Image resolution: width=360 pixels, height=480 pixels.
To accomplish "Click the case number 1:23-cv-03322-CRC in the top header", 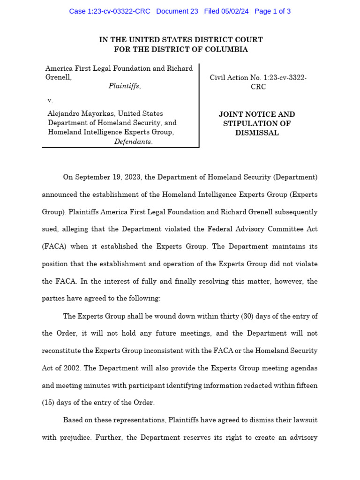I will coord(110,11).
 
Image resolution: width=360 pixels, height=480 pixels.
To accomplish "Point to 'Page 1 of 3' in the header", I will coord(272,11).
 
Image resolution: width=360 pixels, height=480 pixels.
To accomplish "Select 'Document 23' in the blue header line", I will coord(177,11).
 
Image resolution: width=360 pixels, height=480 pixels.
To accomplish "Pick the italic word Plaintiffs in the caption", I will coord(124,86).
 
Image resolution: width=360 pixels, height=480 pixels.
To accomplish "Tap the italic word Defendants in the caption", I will coord(133,142).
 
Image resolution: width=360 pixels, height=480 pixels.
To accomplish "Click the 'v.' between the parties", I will coord(50,100).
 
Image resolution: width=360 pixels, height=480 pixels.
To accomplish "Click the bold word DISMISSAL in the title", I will coord(257,133).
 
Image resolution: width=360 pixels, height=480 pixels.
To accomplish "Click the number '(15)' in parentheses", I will coord(49,403).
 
